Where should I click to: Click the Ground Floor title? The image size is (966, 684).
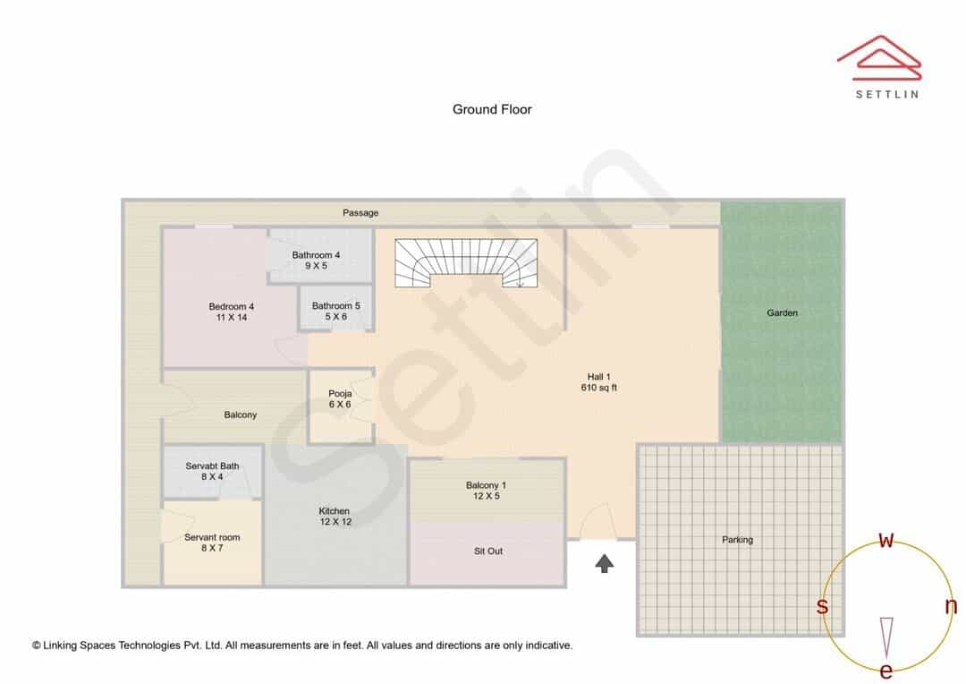pyautogui.click(x=492, y=109)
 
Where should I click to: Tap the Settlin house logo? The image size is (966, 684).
pyautogui.click(x=879, y=58)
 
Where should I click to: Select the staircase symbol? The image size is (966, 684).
pyautogui.click(x=466, y=263)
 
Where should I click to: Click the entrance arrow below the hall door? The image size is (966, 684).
pyautogui.click(x=605, y=563)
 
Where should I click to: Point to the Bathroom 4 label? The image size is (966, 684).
pyautogui.click(x=316, y=261)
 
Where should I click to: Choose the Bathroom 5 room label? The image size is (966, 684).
pyautogui.click(x=335, y=311)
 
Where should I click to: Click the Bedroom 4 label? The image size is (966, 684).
pyautogui.click(x=232, y=312)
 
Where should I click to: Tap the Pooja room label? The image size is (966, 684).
pyautogui.click(x=340, y=399)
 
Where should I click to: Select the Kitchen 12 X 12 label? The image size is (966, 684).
pyautogui.click(x=335, y=517)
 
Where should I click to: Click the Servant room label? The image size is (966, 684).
pyautogui.click(x=212, y=543)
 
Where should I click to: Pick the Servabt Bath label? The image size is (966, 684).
pyautogui.click(x=212, y=471)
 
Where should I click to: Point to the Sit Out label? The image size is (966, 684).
pyautogui.click(x=488, y=551)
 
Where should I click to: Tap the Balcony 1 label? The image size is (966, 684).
pyautogui.click(x=486, y=491)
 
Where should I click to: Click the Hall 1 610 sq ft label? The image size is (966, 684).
pyautogui.click(x=598, y=381)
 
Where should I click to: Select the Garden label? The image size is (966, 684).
pyautogui.click(x=782, y=312)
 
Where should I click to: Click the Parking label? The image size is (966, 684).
pyautogui.click(x=737, y=540)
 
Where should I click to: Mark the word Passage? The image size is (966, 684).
pyautogui.click(x=360, y=213)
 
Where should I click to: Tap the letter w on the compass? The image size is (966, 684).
pyautogui.click(x=885, y=540)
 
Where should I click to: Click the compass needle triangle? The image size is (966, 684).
pyautogui.click(x=886, y=637)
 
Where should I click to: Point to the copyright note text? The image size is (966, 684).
pyautogui.click(x=302, y=646)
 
